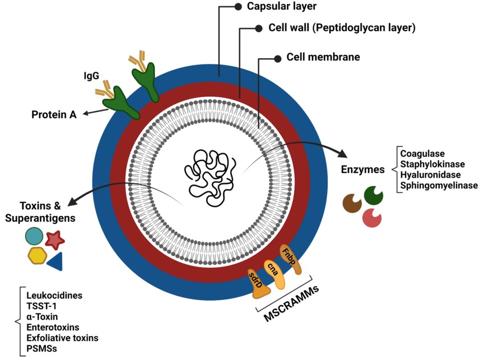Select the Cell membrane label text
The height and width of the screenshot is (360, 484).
[323, 58]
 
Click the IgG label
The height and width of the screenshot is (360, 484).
[91, 75]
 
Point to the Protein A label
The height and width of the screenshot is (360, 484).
[54, 114]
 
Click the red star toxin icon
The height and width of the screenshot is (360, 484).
[54, 240]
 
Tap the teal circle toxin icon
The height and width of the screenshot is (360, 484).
[34, 236]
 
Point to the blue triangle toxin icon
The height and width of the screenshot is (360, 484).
[55, 261]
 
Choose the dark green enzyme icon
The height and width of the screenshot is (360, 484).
[374, 195]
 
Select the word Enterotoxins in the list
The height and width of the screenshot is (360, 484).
[53, 327]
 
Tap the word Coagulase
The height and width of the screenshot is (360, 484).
[423, 153]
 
